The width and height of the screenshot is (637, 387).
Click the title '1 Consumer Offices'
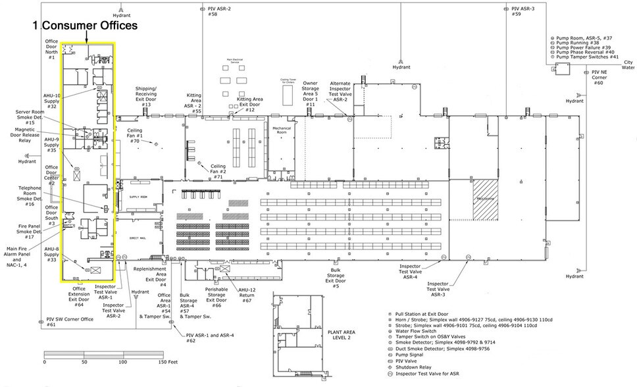click(x=86, y=26)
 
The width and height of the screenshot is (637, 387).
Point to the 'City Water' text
click(x=628, y=64)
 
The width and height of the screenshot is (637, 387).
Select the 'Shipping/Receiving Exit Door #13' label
click(x=146, y=96)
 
